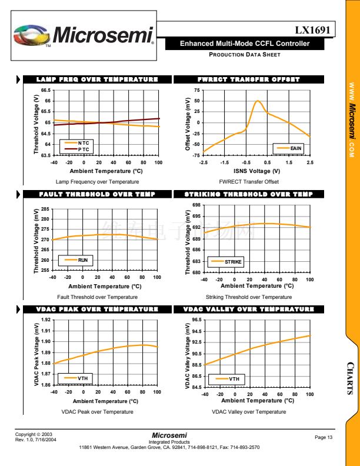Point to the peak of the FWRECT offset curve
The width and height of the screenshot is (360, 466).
(258, 101)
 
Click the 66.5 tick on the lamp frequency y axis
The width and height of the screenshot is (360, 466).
(45, 91)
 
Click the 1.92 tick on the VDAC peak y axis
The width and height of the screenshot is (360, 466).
(46, 319)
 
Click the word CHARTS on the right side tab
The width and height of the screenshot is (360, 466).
(349, 375)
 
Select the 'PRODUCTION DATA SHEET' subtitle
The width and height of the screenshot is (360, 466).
(245, 55)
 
